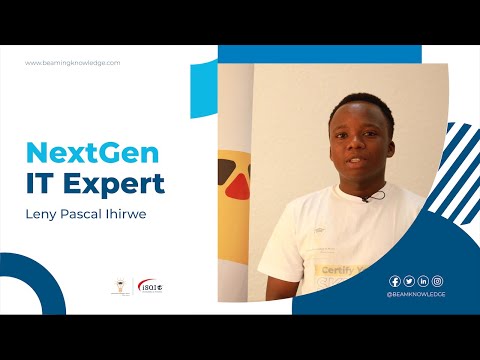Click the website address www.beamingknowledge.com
[x=72, y=63]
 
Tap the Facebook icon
[x=395, y=281]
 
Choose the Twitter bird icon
[x=409, y=281]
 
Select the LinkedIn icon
[x=423, y=281]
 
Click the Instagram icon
[x=437, y=281]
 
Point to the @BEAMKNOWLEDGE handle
[x=416, y=295]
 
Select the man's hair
[x=357, y=103]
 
